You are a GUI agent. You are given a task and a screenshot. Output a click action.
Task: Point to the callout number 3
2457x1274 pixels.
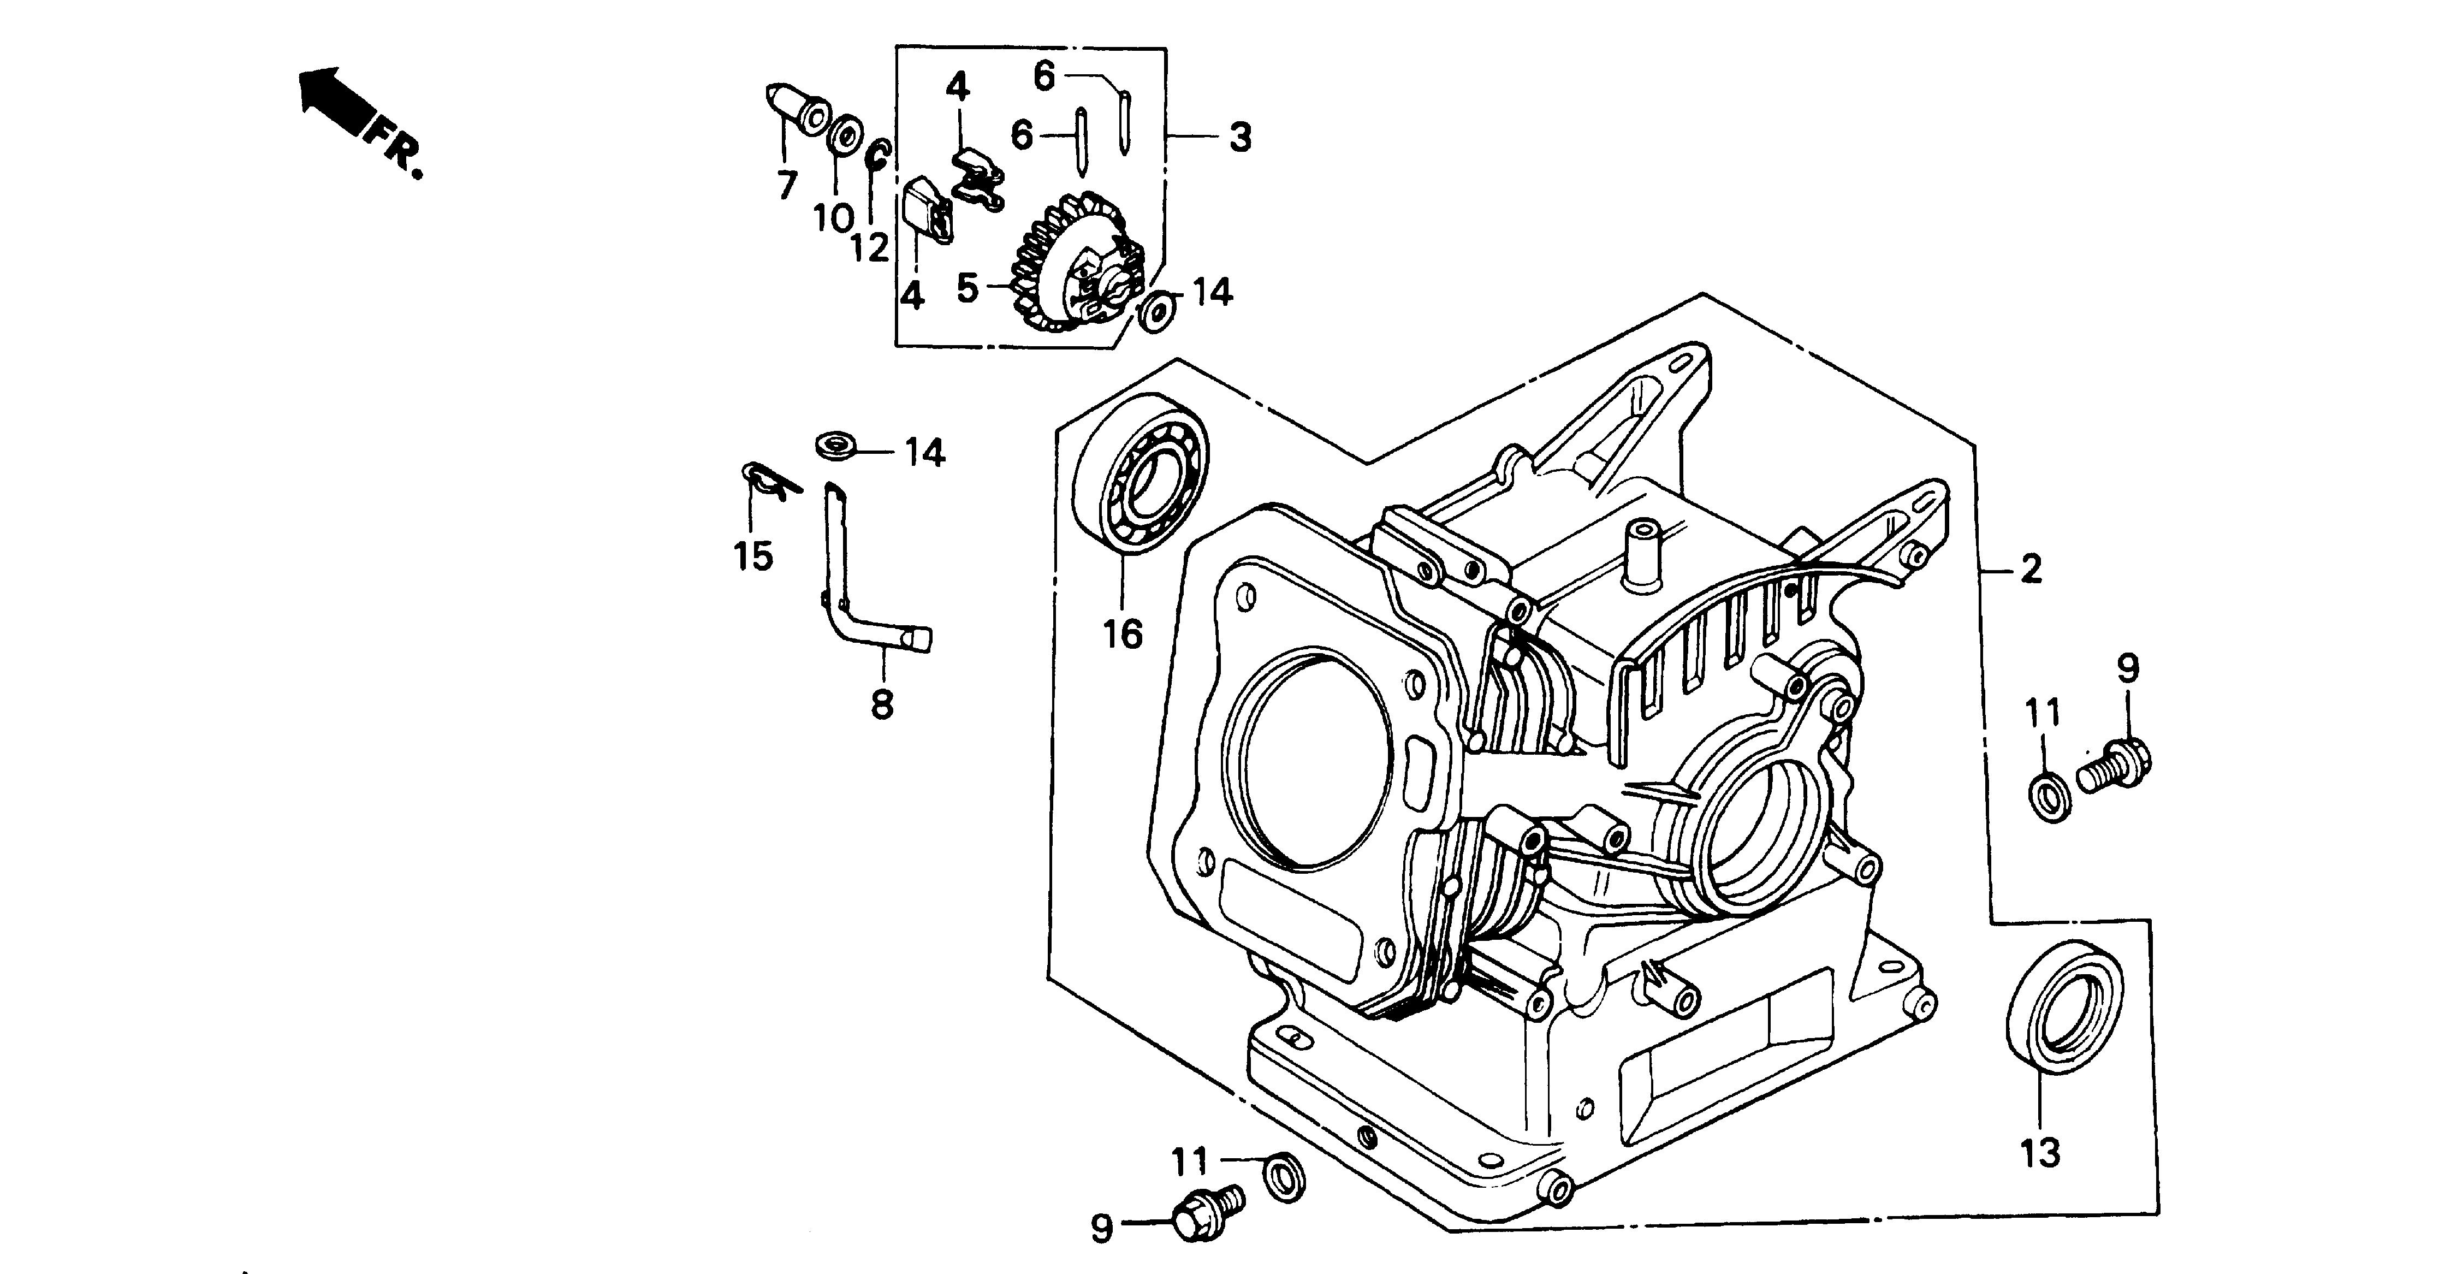[1239, 137]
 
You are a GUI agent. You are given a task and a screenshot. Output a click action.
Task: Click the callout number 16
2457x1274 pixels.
[1123, 633]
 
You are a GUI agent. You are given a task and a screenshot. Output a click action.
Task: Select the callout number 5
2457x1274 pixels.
[967, 287]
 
